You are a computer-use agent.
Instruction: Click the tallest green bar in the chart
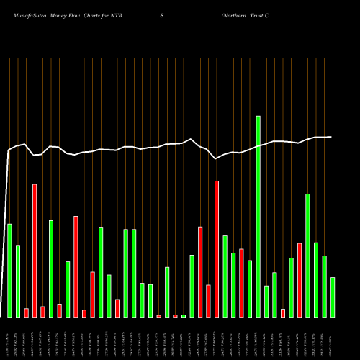(x=258, y=216)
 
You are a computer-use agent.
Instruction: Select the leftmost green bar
(x=9, y=270)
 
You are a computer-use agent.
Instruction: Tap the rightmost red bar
(x=300, y=280)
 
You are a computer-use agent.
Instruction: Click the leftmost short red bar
(x=27, y=312)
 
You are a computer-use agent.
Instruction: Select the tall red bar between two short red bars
(x=35, y=250)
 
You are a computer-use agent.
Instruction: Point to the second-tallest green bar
(x=307, y=255)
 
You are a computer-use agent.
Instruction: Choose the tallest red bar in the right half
(x=217, y=248)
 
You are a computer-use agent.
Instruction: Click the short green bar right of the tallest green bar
(x=266, y=301)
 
